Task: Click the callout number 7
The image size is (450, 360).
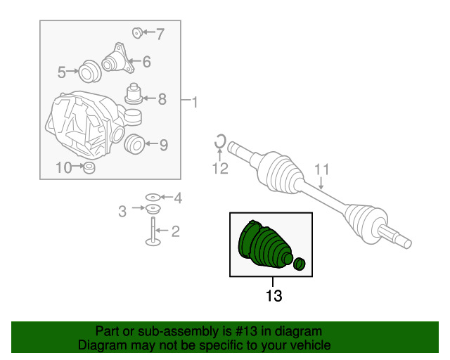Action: (x=160, y=34)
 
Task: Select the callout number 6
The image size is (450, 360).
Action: (x=147, y=61)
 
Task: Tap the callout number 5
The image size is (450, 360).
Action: (x=62, y=72)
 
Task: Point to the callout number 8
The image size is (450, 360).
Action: (x=162, y=99)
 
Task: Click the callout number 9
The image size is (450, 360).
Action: (x=164, y=145)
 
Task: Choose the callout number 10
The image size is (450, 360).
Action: (x=64, y=167)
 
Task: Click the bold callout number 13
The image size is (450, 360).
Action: (x=274, y=295)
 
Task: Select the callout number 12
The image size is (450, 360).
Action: (x=220, y=168)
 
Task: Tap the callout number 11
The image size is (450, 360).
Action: (x=322, y=169)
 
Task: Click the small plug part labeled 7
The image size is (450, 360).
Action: (x=137, y=33)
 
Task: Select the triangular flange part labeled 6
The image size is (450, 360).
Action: (x=118, y=59)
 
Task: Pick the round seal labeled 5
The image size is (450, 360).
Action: (x=89, y=71)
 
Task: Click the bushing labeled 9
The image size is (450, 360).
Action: (x=134, y=144)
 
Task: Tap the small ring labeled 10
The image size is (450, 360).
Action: (x=89, y=167)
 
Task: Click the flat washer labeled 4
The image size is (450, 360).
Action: (x=153, y=197)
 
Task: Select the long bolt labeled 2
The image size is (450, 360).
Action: (x=153, y=232)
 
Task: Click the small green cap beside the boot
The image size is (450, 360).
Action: (x=300, y=264)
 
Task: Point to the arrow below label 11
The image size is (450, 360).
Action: (x=321, y=184)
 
